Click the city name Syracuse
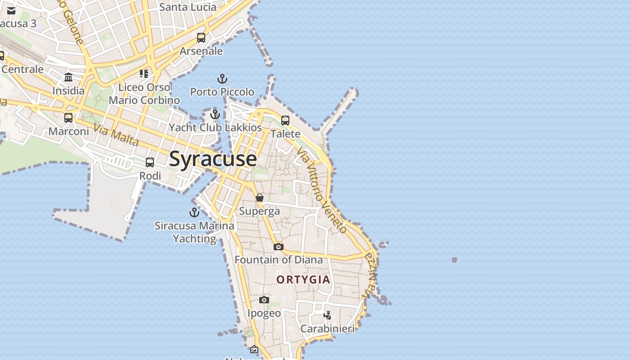tap(213, 159)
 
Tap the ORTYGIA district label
tap(303, 279)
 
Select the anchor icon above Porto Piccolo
tap(222, 79)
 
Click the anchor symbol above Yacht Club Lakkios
tap(215, 114)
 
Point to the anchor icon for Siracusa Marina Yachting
tap(194, 212)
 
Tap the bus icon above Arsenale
tap(201, 38)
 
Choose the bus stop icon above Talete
tap(285, 121)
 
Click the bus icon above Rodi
tap(150, 162)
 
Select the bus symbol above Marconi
tap(68, 118)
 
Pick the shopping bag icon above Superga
tap(260, 198)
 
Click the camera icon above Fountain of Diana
tap(279, 247)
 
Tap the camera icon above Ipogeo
tap(264, 300)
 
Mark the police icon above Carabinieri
tap(328, 315)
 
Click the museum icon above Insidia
tap(68, 77)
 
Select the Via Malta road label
tap(116, 135)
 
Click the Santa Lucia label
tap(188, 7)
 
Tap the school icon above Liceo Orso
tap(144, 73)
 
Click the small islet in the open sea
tap(454, 260)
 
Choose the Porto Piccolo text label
tap(222, 92)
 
